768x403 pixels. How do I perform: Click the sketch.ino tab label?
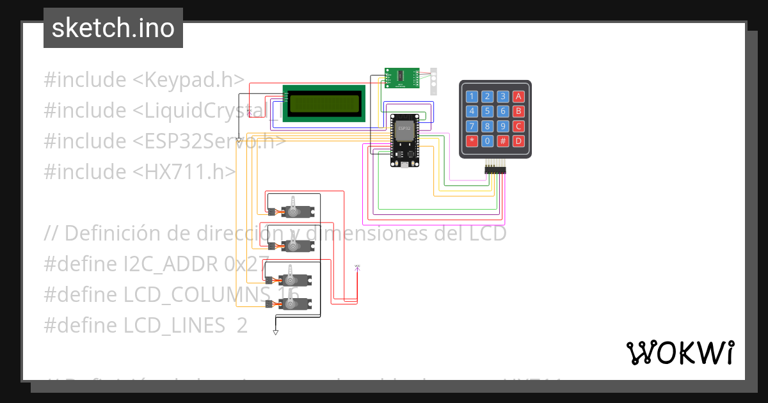click(x=113, y=28)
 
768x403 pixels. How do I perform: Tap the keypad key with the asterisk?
click(x=472, y=141)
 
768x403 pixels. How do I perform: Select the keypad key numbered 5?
click(x=488, y=111)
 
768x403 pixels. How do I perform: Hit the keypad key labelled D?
click(x=518, y=141)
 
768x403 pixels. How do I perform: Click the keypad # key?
click(x=503, y=141)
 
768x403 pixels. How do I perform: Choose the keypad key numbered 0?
click(x=488, y=141)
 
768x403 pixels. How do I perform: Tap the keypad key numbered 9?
click(x=503, y=126)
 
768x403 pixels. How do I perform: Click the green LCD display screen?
click(x=324, y=104)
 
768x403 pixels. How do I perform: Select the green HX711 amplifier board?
click(x=401, y=78)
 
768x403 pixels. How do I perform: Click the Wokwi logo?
click(x=680, y=352)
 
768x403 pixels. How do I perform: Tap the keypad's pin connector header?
click(x=494, y=169)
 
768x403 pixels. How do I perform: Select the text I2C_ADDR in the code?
click(x=166, y=264)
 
